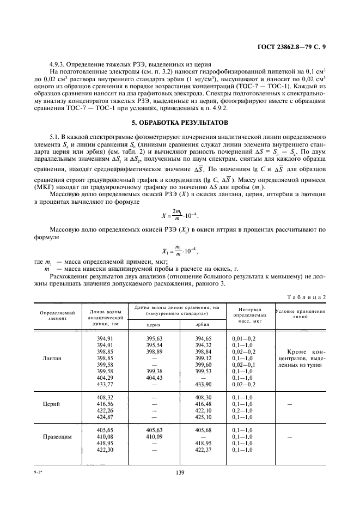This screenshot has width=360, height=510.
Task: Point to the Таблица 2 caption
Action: tap(306, 296)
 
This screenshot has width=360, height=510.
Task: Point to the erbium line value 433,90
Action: tap(202, 384)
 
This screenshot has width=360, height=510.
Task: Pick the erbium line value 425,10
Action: tap(202, 417)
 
